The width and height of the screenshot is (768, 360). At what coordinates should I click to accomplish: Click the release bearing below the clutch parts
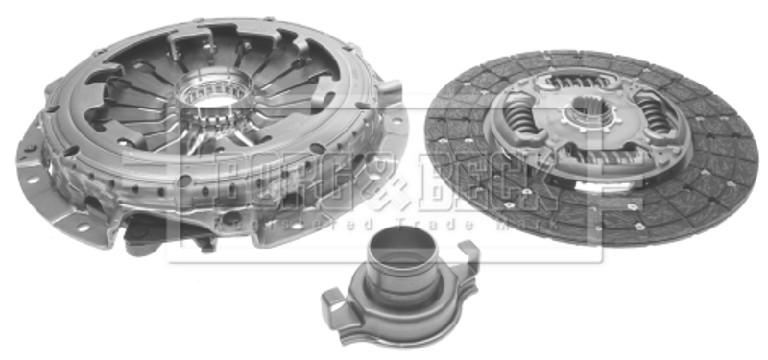(x=400, y=292)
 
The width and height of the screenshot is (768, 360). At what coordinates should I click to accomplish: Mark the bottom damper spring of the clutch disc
(x=596, y=157)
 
